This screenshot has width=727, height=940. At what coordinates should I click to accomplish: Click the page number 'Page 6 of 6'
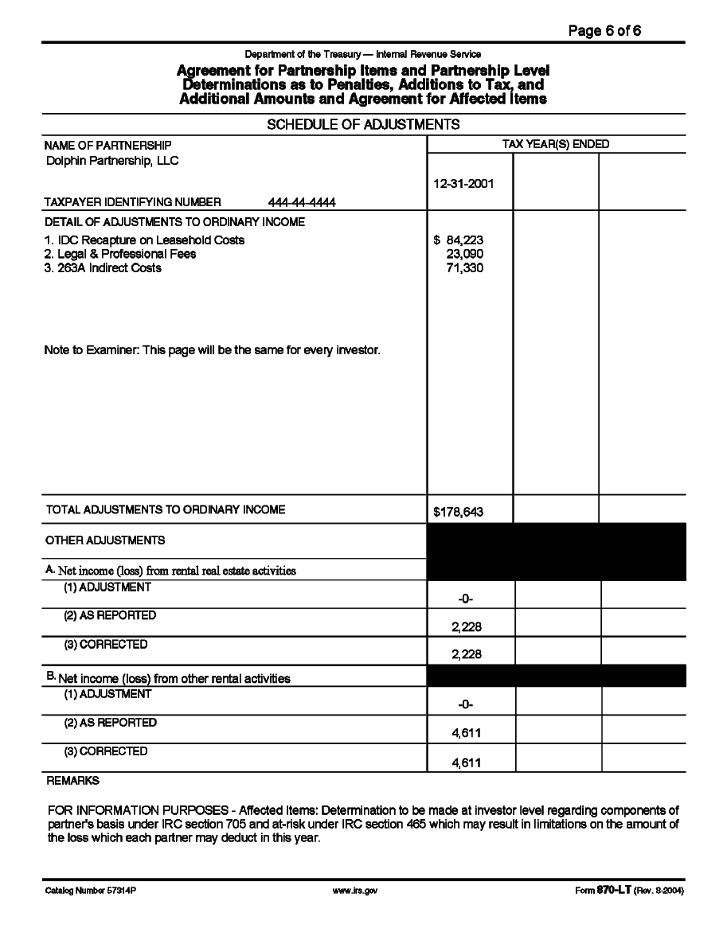click(604, 31)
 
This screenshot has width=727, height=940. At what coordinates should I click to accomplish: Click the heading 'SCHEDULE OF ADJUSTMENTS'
click(363, 125)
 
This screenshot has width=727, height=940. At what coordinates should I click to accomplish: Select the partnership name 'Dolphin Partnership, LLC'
click(112, 161)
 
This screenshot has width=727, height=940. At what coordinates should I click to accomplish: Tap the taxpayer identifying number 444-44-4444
click(303, 202)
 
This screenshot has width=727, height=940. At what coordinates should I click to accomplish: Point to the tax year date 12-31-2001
click(463, 183)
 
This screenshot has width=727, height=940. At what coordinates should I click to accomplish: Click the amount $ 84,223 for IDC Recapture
click(459, 240)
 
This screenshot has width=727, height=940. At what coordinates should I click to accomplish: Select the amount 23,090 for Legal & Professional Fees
click(465, 254)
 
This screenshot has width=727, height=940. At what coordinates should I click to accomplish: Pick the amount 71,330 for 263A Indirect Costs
click(465, 267)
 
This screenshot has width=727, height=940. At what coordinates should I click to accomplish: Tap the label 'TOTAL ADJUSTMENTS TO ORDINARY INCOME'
click(166, 509)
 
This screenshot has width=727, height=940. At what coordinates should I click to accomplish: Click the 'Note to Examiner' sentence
click(212, 349)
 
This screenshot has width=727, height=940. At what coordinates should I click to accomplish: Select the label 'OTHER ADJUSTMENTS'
click(105, 540)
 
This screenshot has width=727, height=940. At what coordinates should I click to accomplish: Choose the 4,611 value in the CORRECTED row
click(467, 763)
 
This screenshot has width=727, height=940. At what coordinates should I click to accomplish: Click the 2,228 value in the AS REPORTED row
click(467, 626)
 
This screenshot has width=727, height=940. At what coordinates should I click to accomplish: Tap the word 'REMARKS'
click(73, 782)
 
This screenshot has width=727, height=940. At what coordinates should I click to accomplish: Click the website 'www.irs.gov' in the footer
click(354, 891)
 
